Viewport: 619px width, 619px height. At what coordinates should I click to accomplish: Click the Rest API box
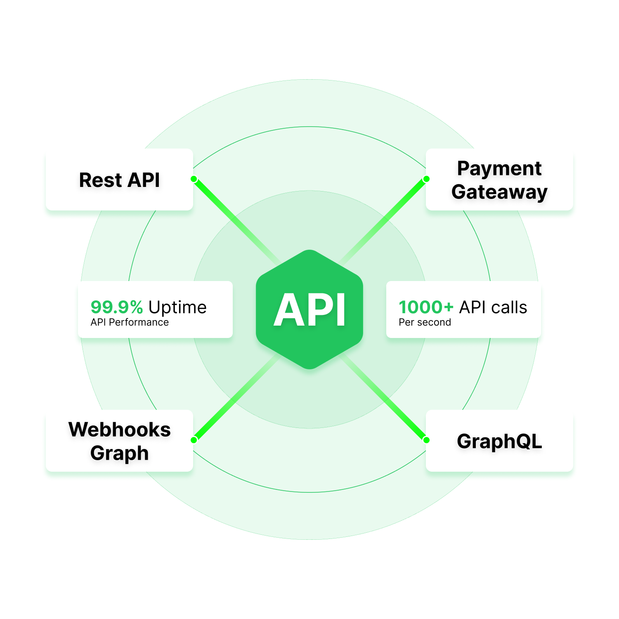pyautogui.click(x=119, y=180)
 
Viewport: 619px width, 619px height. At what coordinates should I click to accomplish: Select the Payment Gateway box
pyautogui.click(x=499, y=180)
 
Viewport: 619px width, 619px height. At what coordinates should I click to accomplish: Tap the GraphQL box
pyautogui.click(x=499, y=441)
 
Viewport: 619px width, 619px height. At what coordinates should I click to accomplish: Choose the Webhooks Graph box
pyautogui.click(x=119, y=441)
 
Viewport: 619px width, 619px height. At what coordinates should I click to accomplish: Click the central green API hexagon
pyautogui.click(x=309, y=309)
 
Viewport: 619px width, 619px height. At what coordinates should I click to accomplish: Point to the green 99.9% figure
pyautogui.click(x=117, y=307)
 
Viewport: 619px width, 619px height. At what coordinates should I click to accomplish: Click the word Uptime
pyautogui.click(x=177, y=308)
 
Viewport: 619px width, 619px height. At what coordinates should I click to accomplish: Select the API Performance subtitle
pyautogui.click(x=130, y=322)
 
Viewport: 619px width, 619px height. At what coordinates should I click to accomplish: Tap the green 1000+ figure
pyautogui.click(x=426, y=307)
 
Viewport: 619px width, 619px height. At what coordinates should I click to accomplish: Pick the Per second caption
pyautogui.click(x=425, y=322)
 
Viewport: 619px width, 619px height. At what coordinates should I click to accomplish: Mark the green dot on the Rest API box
pyautogui.click(x=194, y=179)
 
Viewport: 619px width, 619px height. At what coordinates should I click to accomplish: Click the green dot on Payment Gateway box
pyautogui.click(x=426, y=179)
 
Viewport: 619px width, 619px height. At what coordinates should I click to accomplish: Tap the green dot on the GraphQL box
pyautogui.click(x=426, y=440)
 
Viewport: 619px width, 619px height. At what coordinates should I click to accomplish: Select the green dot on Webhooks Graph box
pyautogui.click(x=194, y=440)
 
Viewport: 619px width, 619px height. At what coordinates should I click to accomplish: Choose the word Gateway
pyautogui.click(x=499, y=192)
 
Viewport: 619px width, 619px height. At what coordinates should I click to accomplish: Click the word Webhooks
pyautogui.click(x=119, y=429)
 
